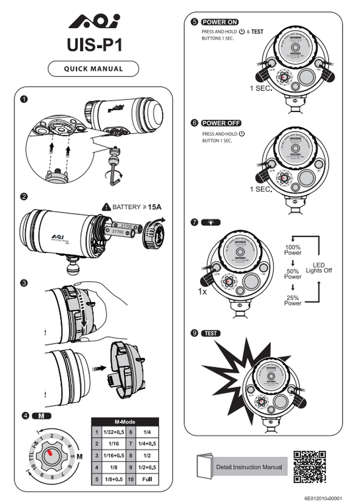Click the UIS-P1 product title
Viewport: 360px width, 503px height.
(x=94, y=45)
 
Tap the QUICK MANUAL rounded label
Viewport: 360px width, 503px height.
(x=93, y=69)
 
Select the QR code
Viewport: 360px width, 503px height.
(x=309, y=467)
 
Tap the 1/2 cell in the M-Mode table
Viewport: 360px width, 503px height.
(x=147, y=456)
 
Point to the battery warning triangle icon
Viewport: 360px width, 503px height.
(x=105, y=206)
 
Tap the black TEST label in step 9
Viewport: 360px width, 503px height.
(x=211, y=333)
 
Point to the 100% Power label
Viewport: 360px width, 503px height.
(x=293, y=250)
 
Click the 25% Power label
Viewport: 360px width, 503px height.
(x=293, y=300)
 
